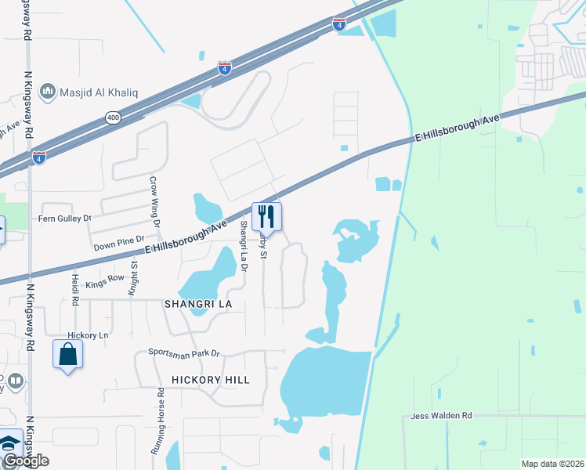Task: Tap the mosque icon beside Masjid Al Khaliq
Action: click(x=48, y=92)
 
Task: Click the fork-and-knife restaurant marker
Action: click(x=266, y=217)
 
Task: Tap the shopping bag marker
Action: click(x=67, y=354)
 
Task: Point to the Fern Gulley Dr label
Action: click(x=65, y=218)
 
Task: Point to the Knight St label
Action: click(x=135, y=277)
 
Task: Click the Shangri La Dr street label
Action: click(x=244, y=246)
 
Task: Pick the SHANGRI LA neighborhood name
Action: click(x=196, y=303)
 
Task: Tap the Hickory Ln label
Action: click(x=87, y=335)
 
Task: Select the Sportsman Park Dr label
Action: click(x=184, y=354)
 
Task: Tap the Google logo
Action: click(x=25, y=461)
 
